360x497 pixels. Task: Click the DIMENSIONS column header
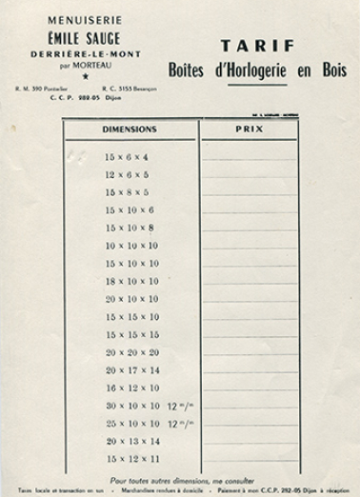[129, 129]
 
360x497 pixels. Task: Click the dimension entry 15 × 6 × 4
[127, 157]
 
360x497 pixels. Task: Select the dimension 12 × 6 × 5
[127, 175]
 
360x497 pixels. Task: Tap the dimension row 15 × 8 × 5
[127, 192]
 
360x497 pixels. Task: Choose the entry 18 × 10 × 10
[131, 281]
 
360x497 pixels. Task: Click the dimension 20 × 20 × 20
[131, 352]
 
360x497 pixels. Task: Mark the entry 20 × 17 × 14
[131, 369]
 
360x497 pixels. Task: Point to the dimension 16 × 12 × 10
[131, 388]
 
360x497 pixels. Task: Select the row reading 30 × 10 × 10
[131, 406]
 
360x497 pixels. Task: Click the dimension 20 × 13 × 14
[131, 441]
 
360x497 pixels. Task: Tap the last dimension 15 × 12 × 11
[131, 459]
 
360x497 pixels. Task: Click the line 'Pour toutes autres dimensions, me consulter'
[180, 480]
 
